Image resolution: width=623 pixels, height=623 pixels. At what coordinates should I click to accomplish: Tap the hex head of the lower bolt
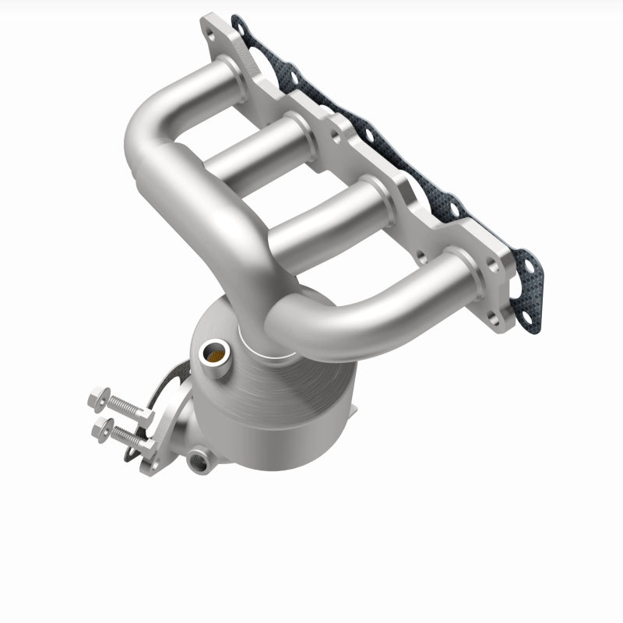click(x=100, y=428)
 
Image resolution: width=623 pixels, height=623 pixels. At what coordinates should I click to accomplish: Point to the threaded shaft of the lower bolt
click(x=126, y=438)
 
